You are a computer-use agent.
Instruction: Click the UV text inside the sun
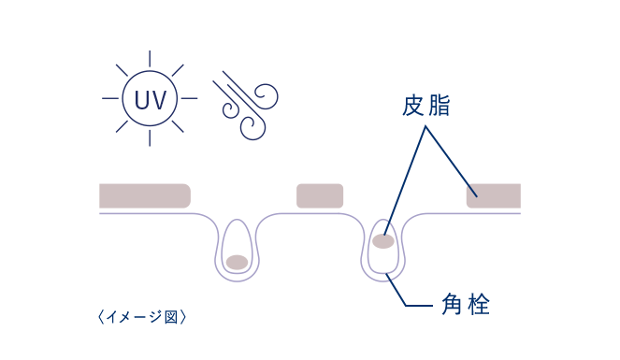click(151, 99)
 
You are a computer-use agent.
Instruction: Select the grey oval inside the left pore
click(237, 261)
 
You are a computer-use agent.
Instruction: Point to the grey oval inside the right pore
click(382, 241)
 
